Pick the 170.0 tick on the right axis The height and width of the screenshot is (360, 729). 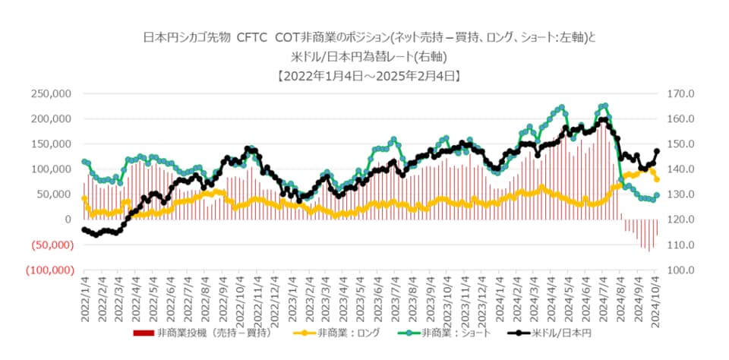[677, 93]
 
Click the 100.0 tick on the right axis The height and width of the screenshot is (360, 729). [677, 270]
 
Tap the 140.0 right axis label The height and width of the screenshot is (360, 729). [677, 169]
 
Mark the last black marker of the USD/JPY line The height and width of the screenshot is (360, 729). [657, 151]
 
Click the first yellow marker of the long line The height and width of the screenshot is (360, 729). [84, 198]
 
